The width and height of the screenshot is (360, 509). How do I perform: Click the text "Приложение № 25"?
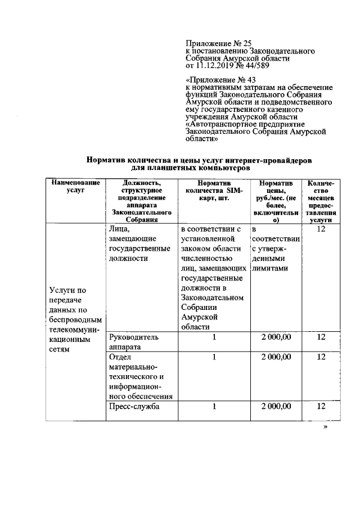[x=216, y=43]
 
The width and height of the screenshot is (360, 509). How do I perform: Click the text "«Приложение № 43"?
[x=217, y=80]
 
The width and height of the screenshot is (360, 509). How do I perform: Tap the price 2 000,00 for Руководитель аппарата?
[x=276, y=337]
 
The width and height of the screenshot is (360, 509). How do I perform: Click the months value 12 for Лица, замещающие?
[x=321, y=230]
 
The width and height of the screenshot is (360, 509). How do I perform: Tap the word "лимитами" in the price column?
[x=270, y=268]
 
